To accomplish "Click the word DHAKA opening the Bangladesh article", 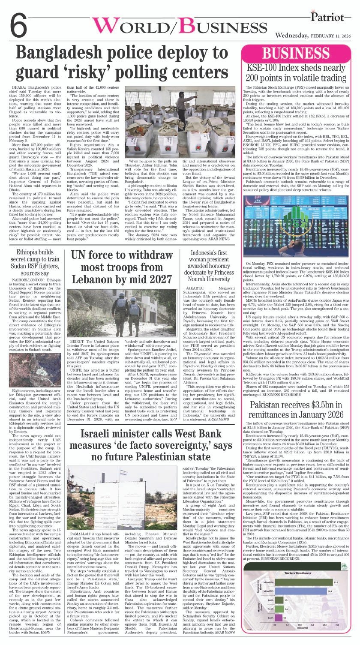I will [x=22, y=87].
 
